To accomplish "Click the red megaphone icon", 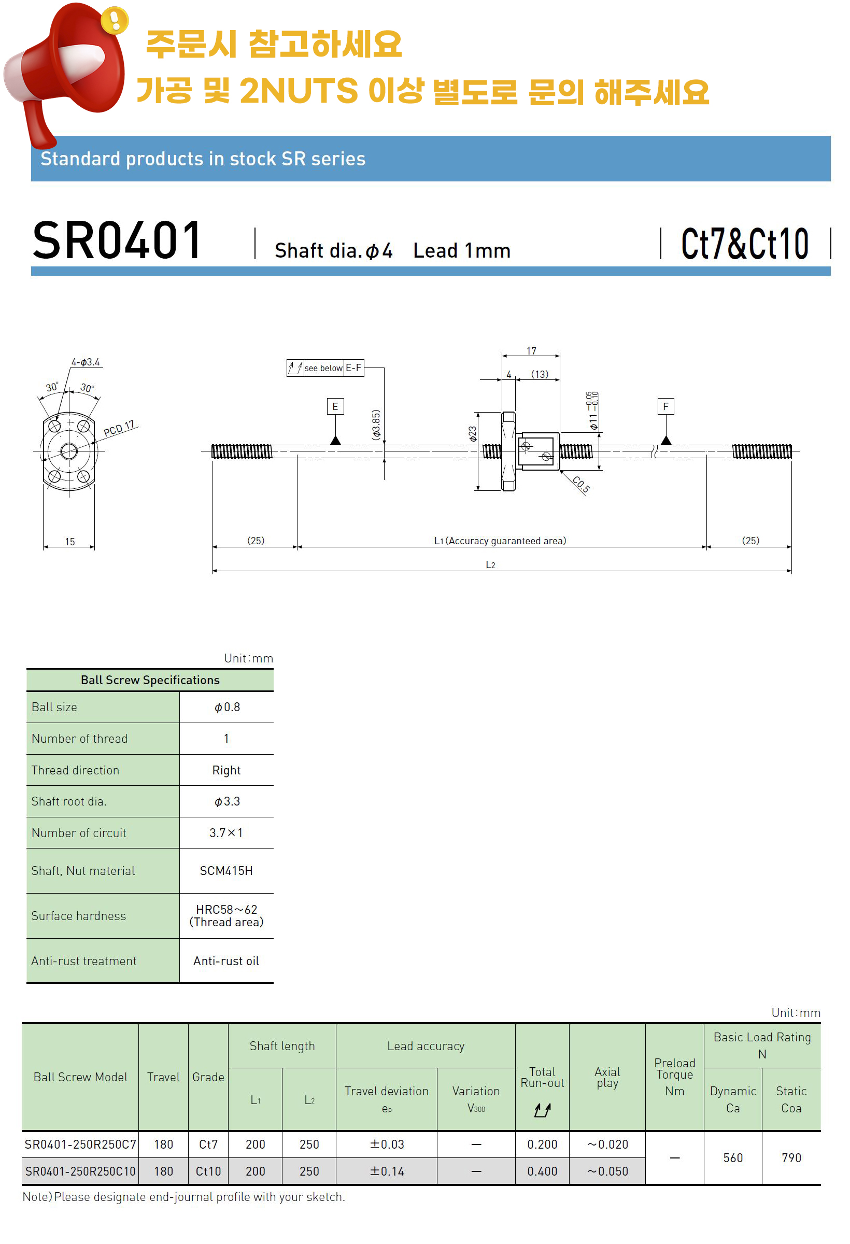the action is (67, 69).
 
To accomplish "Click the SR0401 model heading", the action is (117, 241).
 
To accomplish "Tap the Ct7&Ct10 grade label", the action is (745, 244).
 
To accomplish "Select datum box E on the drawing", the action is (335, 406).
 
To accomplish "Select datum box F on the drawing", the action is (665, 406).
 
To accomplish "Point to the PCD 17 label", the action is (119, 428).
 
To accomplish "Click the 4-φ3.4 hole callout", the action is (86, 362).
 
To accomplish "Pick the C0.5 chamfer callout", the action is (581, 485).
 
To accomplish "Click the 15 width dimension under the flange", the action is (70, 542).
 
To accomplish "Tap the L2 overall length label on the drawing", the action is (490, 565).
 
